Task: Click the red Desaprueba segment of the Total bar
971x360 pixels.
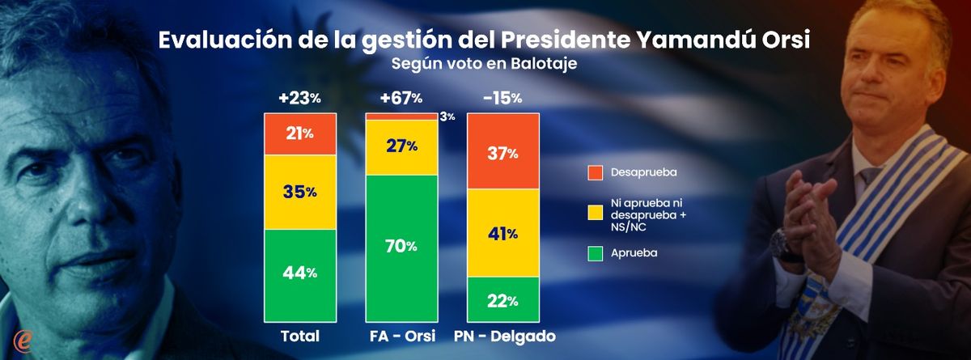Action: [x=299, y=133]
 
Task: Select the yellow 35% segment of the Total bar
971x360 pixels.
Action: [x=299, y=192]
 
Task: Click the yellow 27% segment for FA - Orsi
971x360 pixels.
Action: [x=401, y=146]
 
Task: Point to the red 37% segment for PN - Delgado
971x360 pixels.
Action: [x=502, y=151]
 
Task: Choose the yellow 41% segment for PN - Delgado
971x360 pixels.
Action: [x=502, y=234]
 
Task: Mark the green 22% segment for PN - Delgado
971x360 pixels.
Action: [x=502, y=300]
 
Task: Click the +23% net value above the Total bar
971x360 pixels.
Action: [x=299, y=99]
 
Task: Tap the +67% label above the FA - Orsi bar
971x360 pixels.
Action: [x=401, y=99]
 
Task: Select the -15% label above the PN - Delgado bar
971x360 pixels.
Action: [x=502, y=99]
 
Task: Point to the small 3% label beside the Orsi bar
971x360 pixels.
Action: [x=447, y=116]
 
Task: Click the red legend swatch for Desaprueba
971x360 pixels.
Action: [x=596, y=172]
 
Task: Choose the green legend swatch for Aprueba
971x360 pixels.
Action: [x=596, y=253]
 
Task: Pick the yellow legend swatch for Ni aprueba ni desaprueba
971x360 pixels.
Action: [x=596, y=212]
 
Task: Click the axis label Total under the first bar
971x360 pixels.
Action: [x=299, y=336]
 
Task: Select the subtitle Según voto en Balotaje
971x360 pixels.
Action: [x=485, y=66]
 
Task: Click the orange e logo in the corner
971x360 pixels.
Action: [x=22, y=338]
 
